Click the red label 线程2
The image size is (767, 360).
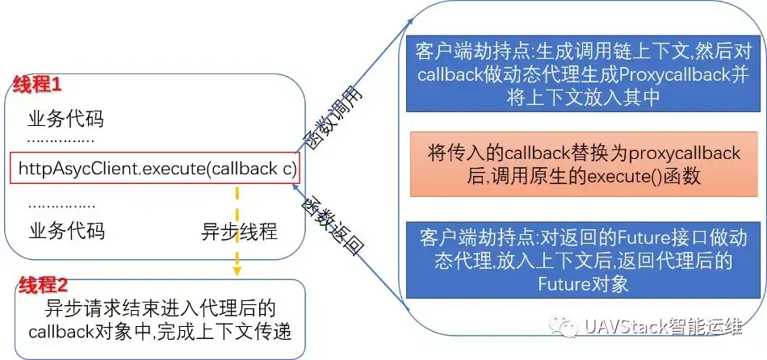pyautogui.click(x=44, y=284)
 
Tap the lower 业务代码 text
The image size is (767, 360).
pyautogui.click(x=66, y=232)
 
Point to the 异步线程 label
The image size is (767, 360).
pyautogui.click(x=239, y=232)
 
